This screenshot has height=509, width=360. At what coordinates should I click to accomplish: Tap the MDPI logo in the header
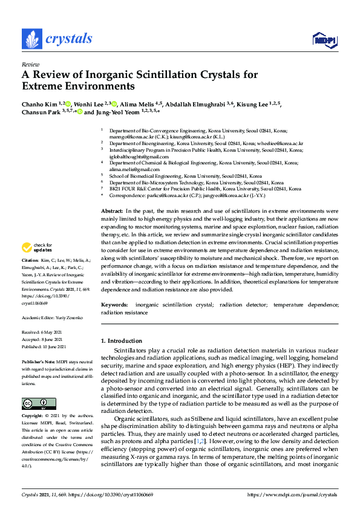click(x=324, y=40)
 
